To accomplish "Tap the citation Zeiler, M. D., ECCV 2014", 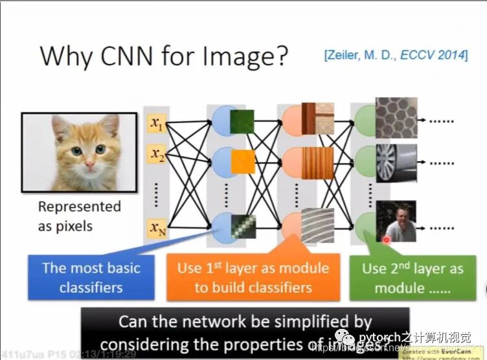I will [x=395, y=55].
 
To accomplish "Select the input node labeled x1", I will [x=156, y=123].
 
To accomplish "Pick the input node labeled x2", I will [x=156, y=155].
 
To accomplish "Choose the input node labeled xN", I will [x=156, y=228].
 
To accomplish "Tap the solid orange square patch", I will [x=243, y=159].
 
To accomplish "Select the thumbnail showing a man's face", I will [x=396, y=222].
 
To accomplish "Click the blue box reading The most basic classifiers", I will [x=91, y=278].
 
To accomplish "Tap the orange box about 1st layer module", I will [x=253, y=278].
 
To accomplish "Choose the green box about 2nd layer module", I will [x=413, y=278].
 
